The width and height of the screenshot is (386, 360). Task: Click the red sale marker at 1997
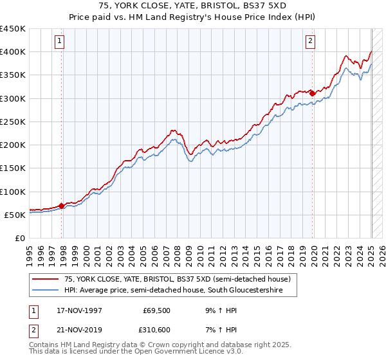pyautogui.click(x=62, y=206)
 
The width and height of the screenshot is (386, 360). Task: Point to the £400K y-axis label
pyautogui.click(x=13, y=52)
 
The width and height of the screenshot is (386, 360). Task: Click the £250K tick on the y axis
pyautogui.click(x=13, y=122)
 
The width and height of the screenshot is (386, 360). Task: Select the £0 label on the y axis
pyautogui.click(x=19, y=238)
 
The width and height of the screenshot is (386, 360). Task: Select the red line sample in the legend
pyautogui.click(x=45, y=279)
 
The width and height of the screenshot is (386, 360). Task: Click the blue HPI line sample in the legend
pyautogui.click(x=45, y=291)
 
